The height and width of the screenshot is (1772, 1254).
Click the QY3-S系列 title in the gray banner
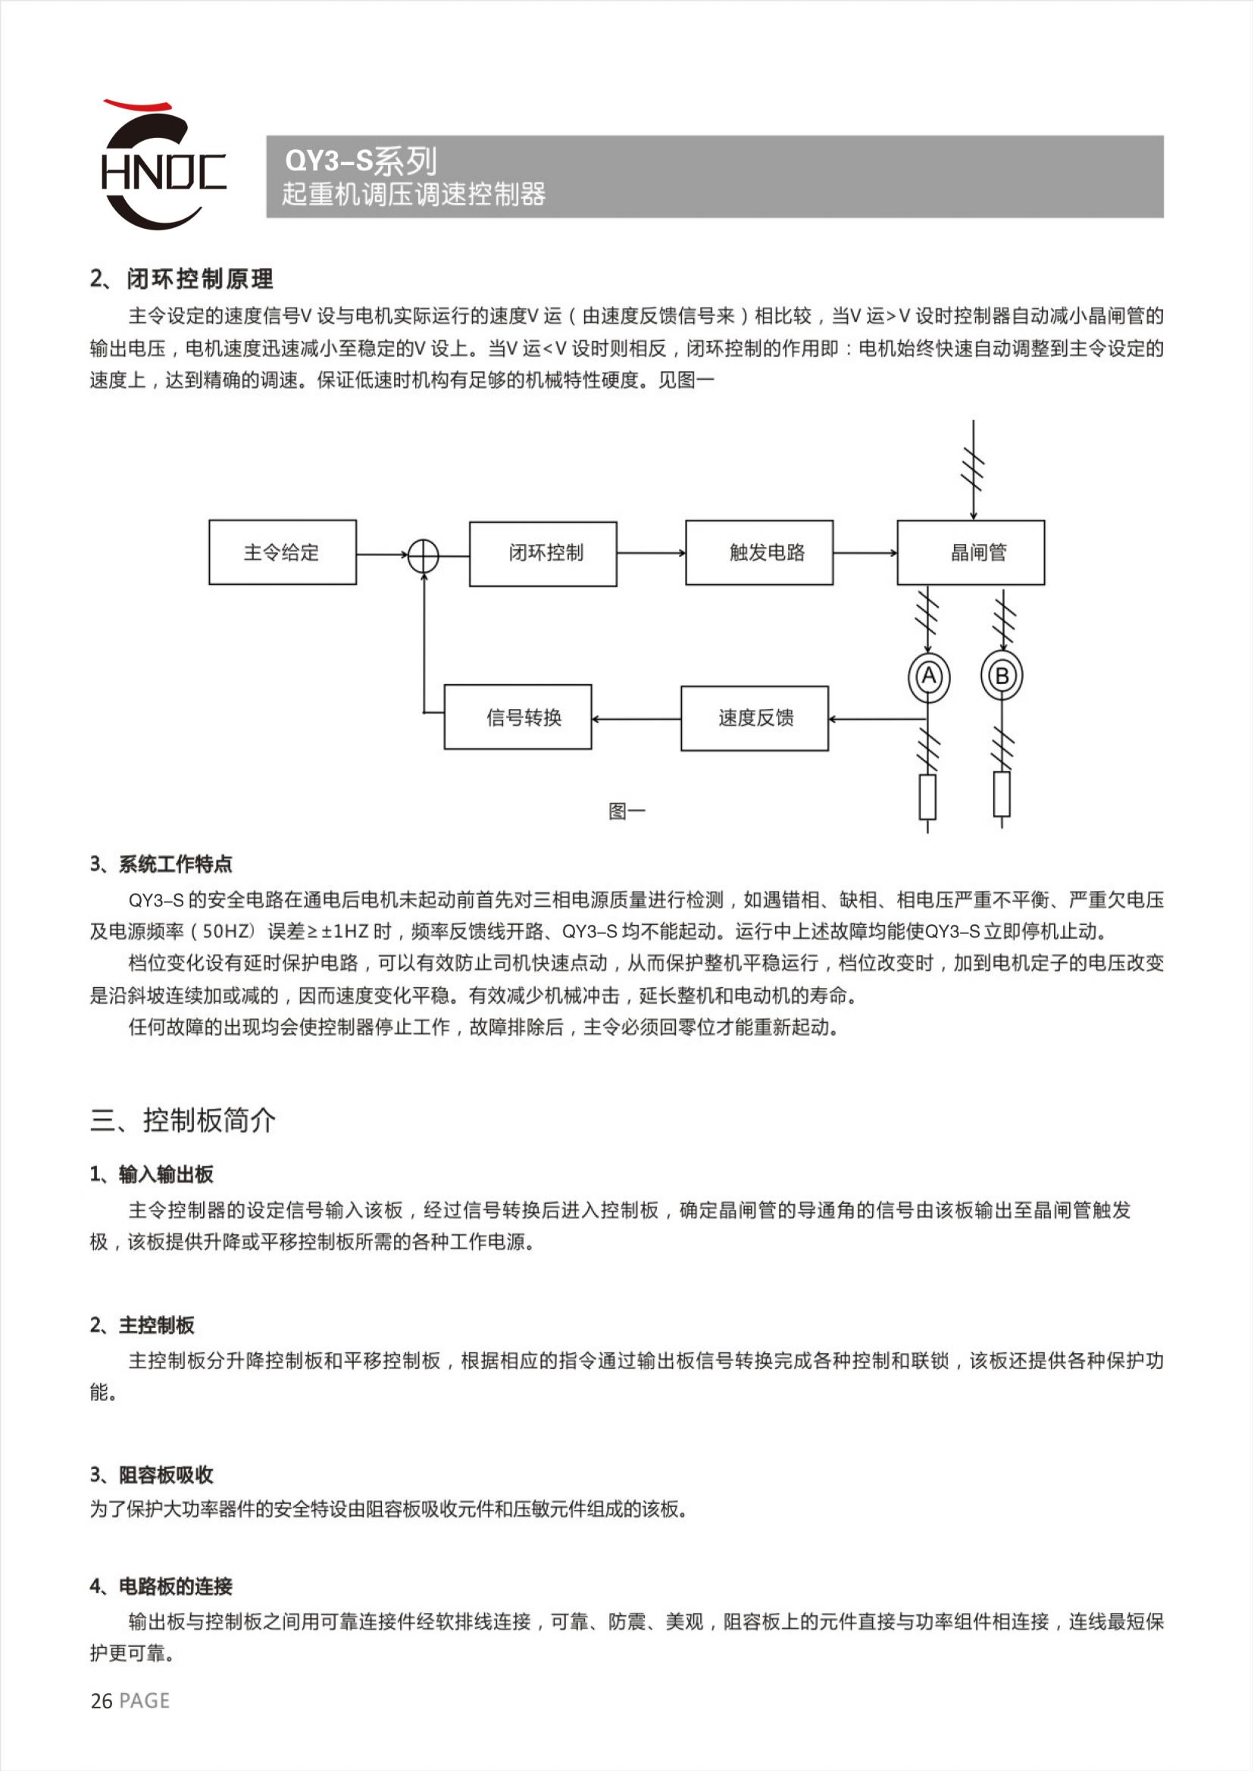tap(361, 161)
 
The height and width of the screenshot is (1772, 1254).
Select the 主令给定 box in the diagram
tap(282, 552)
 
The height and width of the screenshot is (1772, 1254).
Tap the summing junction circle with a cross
tap(423, 555)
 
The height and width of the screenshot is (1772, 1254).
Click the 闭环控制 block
tap(543, 554)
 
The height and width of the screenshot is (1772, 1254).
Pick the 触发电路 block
tap(759, 553)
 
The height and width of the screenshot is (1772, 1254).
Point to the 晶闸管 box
tap(971, 552)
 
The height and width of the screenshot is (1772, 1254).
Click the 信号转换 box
tap(518, 717)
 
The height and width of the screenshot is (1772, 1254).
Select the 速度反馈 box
tap(755, 718)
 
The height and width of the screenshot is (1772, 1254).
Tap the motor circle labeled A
tap(929, 677)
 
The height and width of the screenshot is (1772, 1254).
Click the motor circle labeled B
tap(1002, 677)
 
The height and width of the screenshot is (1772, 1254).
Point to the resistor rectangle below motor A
tap(927, 797)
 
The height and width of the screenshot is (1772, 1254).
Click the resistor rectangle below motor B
tap(1002, 794)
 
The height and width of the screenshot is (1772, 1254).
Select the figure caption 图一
tap(626, 811)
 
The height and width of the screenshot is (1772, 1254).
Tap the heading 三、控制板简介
tap(183, 1120)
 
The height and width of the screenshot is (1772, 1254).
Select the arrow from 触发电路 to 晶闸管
tap(865, 553)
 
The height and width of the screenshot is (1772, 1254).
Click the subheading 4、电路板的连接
tap(161, 1586)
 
